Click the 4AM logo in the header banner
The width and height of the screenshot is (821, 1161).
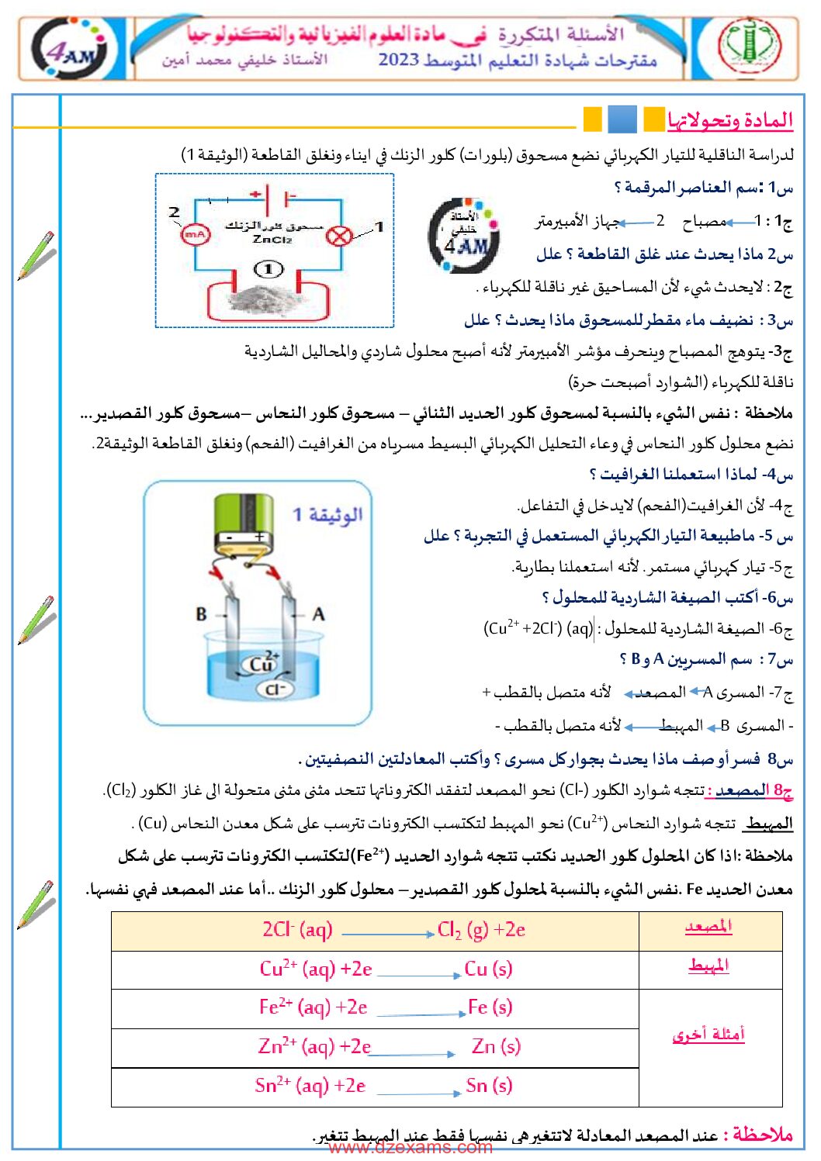tap(73, 50)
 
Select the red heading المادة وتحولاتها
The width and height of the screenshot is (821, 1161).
tap(730, 120)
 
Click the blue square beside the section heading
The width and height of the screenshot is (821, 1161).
tap(622, 119)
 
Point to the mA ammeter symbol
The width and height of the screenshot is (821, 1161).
tap(195, 233)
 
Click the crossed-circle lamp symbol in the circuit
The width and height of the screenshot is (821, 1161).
tap(338, 236)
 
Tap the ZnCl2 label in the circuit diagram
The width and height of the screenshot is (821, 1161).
tap(272, 240)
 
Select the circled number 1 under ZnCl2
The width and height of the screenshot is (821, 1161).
tap(268, 269)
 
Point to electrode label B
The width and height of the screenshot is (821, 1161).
tap(201, 614)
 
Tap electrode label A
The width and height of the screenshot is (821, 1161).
tap(317, 614)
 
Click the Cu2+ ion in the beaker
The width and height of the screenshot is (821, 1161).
tap(262, 663)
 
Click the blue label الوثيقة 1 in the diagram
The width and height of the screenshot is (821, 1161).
tap(327, 515)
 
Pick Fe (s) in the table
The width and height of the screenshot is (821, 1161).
tap(490, 1007)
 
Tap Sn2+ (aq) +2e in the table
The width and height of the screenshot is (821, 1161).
tap(310, 1086)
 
